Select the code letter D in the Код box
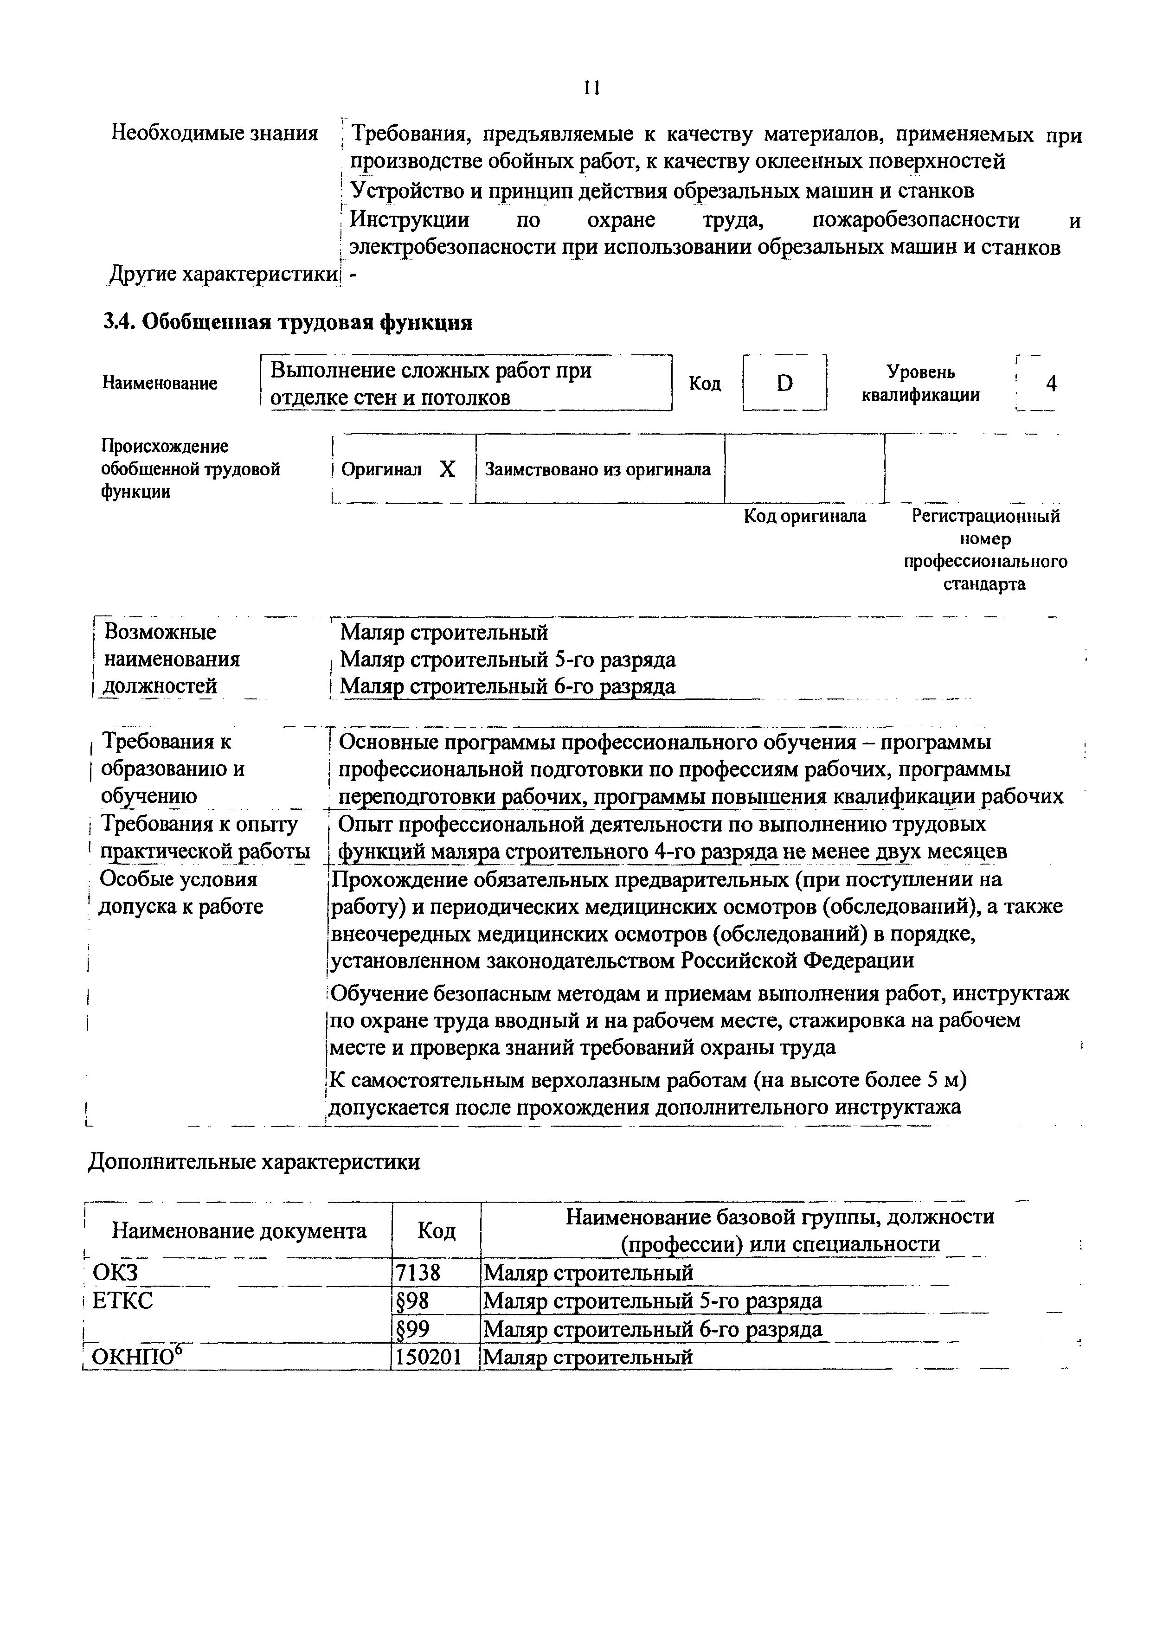[784, 384]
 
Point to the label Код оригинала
[804, 516]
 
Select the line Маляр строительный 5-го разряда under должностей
[508, 660]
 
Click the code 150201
[428, 1357]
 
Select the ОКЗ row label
[116, 1274]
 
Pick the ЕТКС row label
[122, 1301]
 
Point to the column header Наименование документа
[239, 1231]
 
